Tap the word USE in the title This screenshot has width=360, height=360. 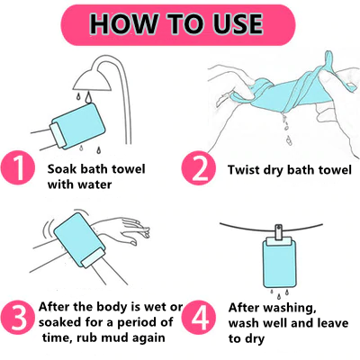coord(238,23)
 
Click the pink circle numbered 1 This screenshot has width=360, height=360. coord(17,167)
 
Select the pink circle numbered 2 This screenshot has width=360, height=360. coord(198,168)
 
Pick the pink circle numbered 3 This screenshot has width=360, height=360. coord(18,318)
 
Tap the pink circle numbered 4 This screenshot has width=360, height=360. coord(199,318)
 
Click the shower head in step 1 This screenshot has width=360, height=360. coord(93,80)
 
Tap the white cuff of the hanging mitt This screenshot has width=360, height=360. coord(278,240)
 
